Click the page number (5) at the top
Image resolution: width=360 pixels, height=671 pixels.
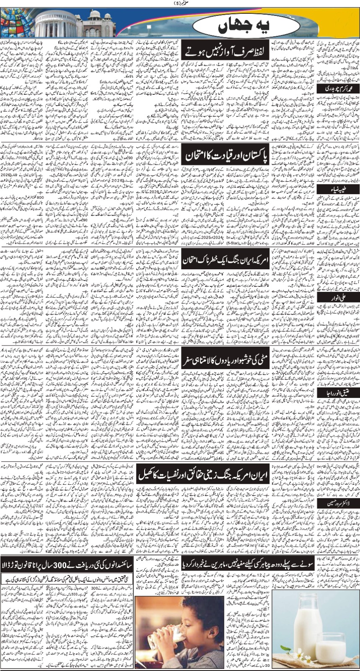[180, 4]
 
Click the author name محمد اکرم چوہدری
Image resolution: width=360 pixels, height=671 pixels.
[339, 88]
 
